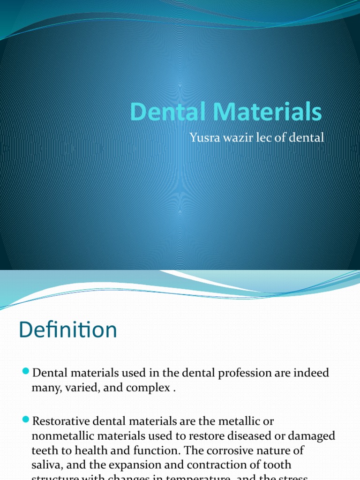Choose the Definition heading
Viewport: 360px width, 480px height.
point(67,330)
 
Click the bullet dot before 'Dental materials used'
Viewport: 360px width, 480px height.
point(26,372)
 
